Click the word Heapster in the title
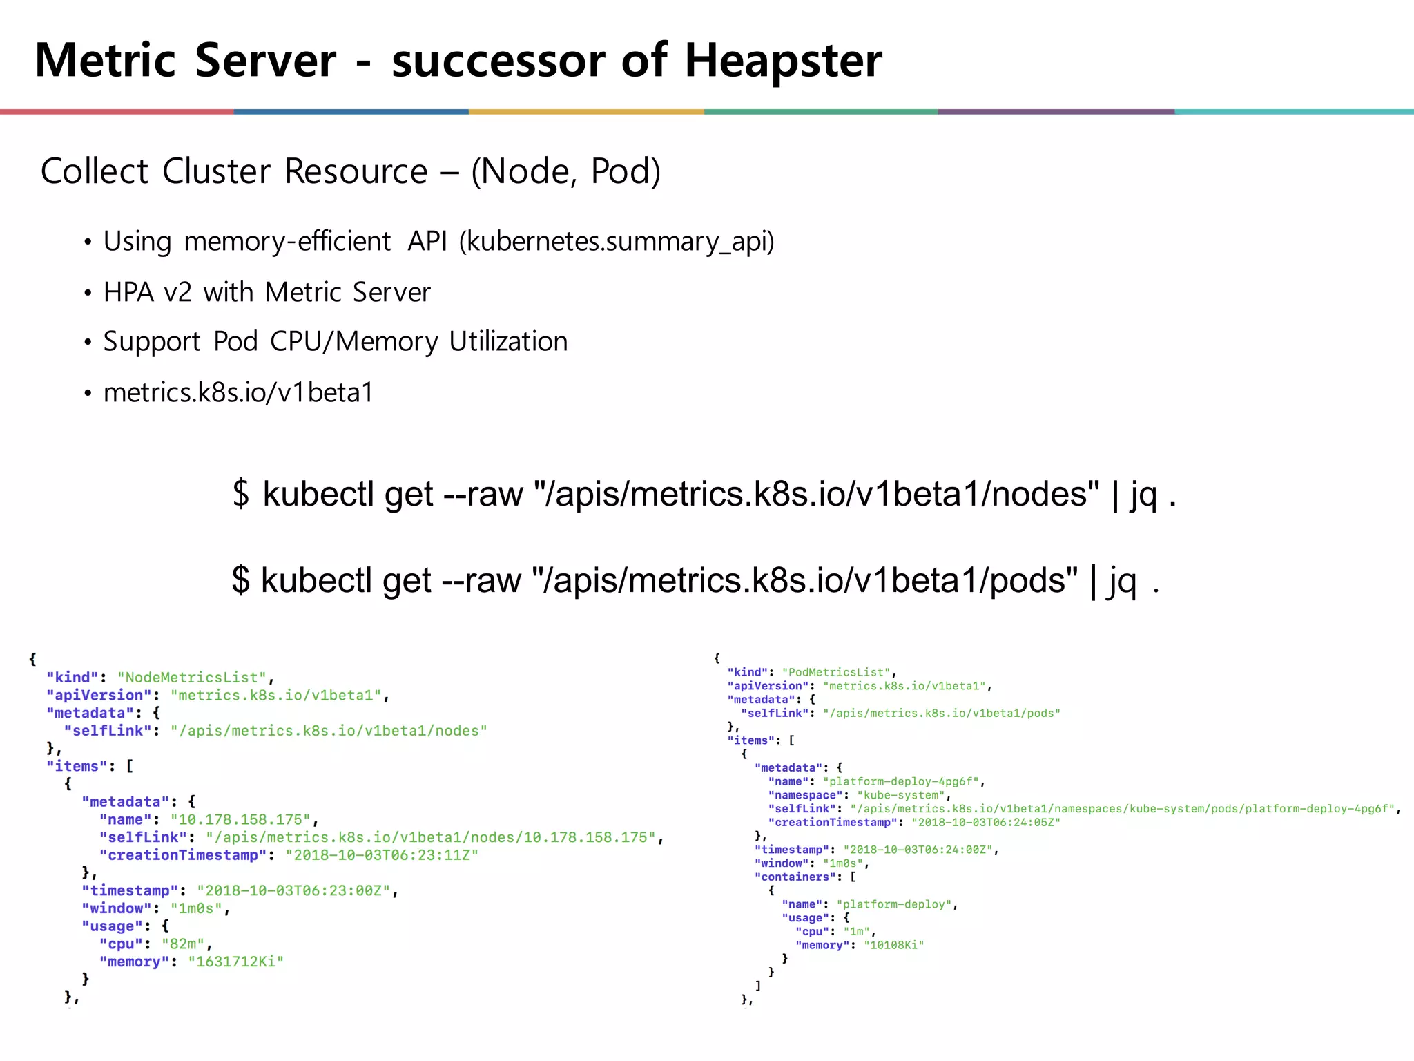783,61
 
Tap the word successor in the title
498,61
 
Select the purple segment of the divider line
1056,111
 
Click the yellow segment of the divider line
586,111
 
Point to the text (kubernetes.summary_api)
617,242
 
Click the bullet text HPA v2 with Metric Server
267,292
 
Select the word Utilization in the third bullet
508,342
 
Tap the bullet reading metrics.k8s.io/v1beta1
238,392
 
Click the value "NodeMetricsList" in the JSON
192,678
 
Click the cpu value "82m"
183,944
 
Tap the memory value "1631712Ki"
235,962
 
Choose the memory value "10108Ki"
893,945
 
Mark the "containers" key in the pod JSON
795,877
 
